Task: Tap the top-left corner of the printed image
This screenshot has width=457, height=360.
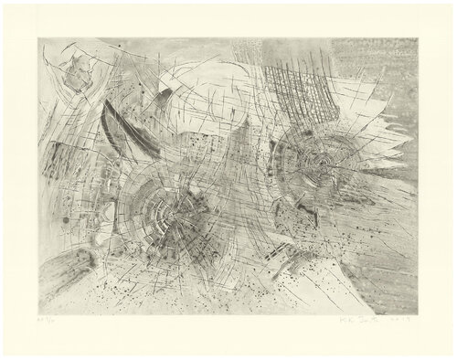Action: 38,38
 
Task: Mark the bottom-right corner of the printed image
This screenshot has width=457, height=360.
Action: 418,308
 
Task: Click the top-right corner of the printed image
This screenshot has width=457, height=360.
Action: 418,38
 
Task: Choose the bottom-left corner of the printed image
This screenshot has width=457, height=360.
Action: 38,308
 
